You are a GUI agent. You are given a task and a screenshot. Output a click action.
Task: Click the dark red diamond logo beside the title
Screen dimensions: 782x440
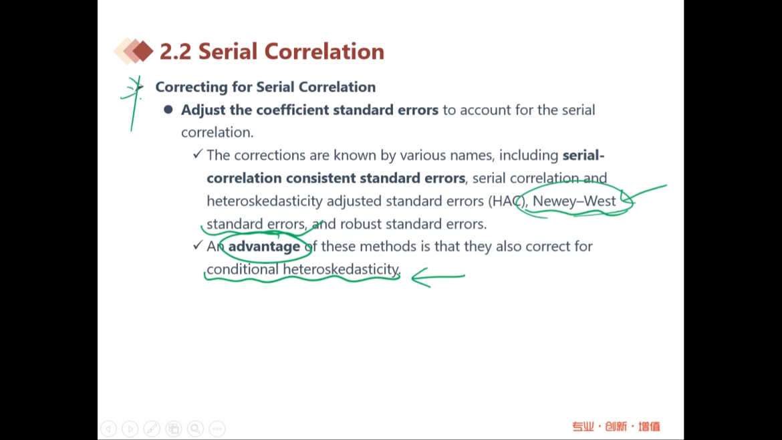tap(142, 51)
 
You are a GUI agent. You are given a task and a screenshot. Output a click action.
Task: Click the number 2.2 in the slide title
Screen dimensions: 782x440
tap(176, 51)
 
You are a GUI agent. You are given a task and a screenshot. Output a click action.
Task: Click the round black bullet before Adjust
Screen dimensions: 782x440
tap(168, 109)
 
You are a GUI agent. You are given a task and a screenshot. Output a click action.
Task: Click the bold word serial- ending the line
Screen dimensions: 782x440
tap(583, 155)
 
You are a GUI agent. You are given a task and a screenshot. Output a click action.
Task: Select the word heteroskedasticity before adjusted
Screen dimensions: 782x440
tap(265, 201)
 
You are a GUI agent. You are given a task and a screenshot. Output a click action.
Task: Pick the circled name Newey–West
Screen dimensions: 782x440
tap(574, 201)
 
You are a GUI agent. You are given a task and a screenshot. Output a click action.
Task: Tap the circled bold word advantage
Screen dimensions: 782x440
tap(264, 247)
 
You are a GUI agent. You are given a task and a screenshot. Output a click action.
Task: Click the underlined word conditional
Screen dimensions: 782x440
tap(243, 269)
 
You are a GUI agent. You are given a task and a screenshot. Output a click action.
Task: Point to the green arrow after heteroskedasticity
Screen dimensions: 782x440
tap(438, 276)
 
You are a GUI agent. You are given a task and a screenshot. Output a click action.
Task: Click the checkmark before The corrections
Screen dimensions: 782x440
tap(198, 154)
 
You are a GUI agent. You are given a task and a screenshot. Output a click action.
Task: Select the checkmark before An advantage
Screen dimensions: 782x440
tap(198, 245)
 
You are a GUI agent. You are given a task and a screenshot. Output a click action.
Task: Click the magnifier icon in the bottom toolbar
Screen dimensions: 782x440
tap(195, 429)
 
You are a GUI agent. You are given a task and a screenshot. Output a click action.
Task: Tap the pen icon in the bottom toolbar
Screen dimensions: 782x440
tap(152, 429)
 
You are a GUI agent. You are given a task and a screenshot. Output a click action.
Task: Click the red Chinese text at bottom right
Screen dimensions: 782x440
tap(616, 427)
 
